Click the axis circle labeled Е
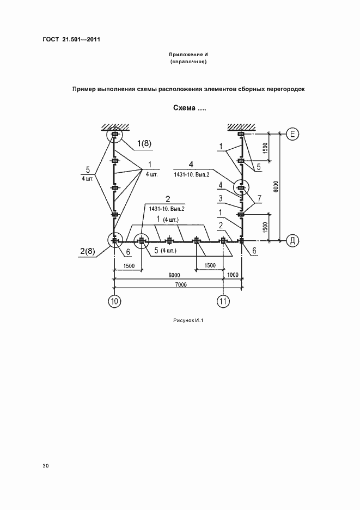292,133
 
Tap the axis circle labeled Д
292,241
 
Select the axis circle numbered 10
114,301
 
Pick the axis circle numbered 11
223,301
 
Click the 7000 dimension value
181,284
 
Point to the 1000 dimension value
233,275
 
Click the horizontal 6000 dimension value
174,275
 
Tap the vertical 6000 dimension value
276,187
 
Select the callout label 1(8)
144,143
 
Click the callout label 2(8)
87,251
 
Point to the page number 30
46,466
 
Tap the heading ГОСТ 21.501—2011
71,40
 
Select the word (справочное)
188,62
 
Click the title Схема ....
185,108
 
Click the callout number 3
220,198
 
